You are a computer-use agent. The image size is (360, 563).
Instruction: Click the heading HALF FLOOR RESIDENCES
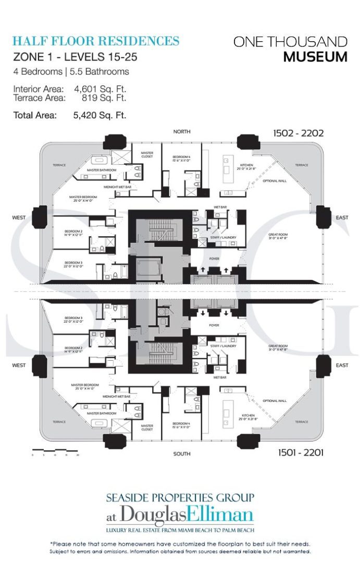[96, 41]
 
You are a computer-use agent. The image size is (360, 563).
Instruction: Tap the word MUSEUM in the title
[315, 57]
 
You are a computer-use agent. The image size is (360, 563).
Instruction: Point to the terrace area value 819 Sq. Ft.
[104, 97]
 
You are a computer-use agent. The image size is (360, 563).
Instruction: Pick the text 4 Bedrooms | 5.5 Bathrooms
[71, 71]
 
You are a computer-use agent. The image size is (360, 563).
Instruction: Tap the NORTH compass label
[182, 132]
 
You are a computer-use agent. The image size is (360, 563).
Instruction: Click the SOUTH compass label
[182, 454]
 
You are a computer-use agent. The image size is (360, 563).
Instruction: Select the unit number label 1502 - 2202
[298, 133]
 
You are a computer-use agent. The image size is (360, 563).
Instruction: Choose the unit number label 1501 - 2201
[298, 452]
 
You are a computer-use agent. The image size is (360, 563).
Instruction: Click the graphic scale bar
[55, 450]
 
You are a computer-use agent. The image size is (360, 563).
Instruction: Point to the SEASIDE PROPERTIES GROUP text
[180, 497]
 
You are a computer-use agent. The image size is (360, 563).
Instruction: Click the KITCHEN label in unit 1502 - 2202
[232, 166]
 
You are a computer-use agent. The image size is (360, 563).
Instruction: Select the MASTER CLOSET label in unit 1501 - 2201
[147, 427]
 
